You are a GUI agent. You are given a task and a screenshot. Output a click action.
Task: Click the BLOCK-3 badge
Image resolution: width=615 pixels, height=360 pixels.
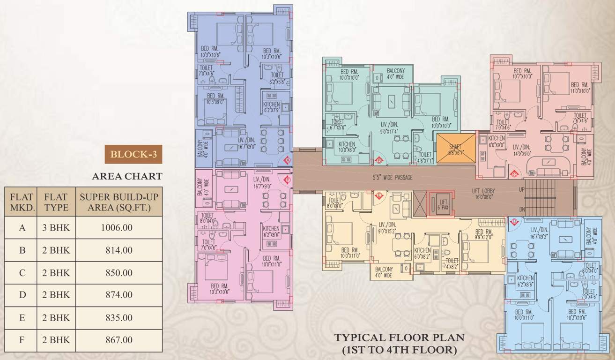[133, 155]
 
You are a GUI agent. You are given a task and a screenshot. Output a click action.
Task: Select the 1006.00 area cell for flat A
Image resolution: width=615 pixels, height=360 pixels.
[117, 228]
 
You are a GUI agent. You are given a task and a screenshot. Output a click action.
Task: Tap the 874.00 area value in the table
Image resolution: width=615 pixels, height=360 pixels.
[117, 295]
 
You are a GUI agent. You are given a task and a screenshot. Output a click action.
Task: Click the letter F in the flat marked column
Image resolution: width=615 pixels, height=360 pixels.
[22, 340]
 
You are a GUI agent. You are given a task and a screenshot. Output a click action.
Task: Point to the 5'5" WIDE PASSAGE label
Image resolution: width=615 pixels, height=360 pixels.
[389, 178]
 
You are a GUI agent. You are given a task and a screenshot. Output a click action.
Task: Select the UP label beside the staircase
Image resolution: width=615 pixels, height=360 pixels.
[522, 190]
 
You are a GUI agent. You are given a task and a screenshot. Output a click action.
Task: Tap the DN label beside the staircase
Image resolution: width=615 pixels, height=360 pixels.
[522, 210]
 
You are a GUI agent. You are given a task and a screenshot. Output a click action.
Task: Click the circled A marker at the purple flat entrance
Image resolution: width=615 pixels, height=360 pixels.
[288, 160]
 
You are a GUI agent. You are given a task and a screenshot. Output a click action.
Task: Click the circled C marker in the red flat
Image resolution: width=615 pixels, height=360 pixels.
[514, 174]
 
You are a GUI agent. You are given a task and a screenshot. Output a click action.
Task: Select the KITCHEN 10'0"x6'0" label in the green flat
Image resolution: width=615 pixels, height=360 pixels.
[347, 147]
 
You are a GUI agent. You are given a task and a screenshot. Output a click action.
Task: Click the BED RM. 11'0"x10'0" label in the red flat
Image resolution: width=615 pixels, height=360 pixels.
[579, 88]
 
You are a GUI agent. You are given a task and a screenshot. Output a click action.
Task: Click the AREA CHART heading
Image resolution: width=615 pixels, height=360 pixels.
[127, 176]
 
